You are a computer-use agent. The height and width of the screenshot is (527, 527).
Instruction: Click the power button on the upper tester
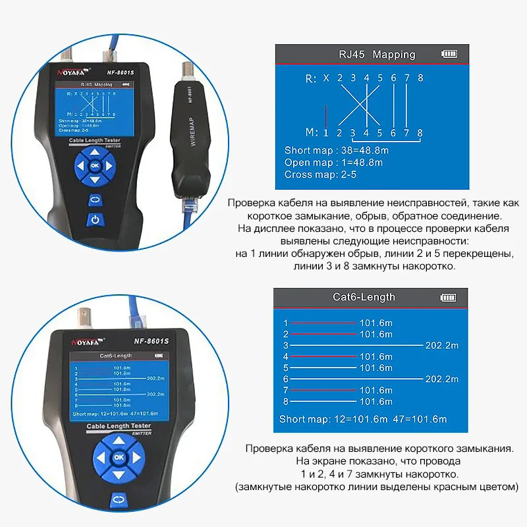pos(95,220)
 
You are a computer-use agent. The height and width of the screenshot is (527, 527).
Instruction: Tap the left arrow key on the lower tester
pos(100,457)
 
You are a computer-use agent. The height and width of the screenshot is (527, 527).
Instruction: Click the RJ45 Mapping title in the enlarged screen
pos(377,54)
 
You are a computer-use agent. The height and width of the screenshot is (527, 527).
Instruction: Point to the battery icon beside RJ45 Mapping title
pos(449,54)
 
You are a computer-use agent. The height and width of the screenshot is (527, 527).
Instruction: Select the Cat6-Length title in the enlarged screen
pos(364,297)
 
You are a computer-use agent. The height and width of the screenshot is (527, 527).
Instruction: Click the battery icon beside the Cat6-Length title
pos(449,297)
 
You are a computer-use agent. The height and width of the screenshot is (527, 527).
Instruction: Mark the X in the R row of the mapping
pos(325,79)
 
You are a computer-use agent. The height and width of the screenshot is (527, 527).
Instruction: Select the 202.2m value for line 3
pos(442,345)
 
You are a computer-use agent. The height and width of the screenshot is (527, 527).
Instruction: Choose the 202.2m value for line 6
pos(442,379)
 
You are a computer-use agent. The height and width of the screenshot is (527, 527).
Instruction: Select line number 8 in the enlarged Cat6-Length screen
pos(285,401)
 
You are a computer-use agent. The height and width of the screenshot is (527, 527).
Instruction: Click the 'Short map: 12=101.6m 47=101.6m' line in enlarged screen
pos(363,419)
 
